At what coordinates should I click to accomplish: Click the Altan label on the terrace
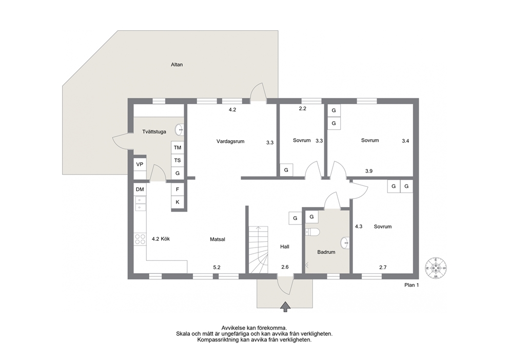click(x=177, y=65)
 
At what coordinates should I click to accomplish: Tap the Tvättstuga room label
click(x=154, y=131)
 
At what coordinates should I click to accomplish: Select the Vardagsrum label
click(x=230, y=141)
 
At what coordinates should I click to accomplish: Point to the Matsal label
click(x=218, y=239)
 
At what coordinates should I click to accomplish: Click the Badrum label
click(x=326, y=252)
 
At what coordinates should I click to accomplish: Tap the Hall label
click(x=285, y=247)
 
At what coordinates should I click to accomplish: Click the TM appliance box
click(x=177, y=147)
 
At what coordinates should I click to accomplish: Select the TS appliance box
click(x=177, y=160)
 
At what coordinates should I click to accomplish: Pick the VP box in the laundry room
click(x=140, y=164)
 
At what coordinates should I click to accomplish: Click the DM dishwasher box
click(x=140, y=190)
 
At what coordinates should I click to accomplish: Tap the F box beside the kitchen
click(x=178, y=190)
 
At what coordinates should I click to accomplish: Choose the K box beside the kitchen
click(x=178, y=202)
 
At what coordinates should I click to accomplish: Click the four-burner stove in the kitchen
click(x=140, y=239)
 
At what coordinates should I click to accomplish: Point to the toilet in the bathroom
click(x=312, y=232)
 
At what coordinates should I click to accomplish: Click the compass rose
click(x=436, y=268)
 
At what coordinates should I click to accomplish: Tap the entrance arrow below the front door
click(x=285, y=307)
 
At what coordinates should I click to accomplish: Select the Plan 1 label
click(x=412, y=285)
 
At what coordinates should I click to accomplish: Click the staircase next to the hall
click(x=259, y=250)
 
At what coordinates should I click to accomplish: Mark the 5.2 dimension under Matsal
click(x=217, y=268)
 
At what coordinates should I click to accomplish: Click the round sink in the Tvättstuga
click(x=180, y=130)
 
